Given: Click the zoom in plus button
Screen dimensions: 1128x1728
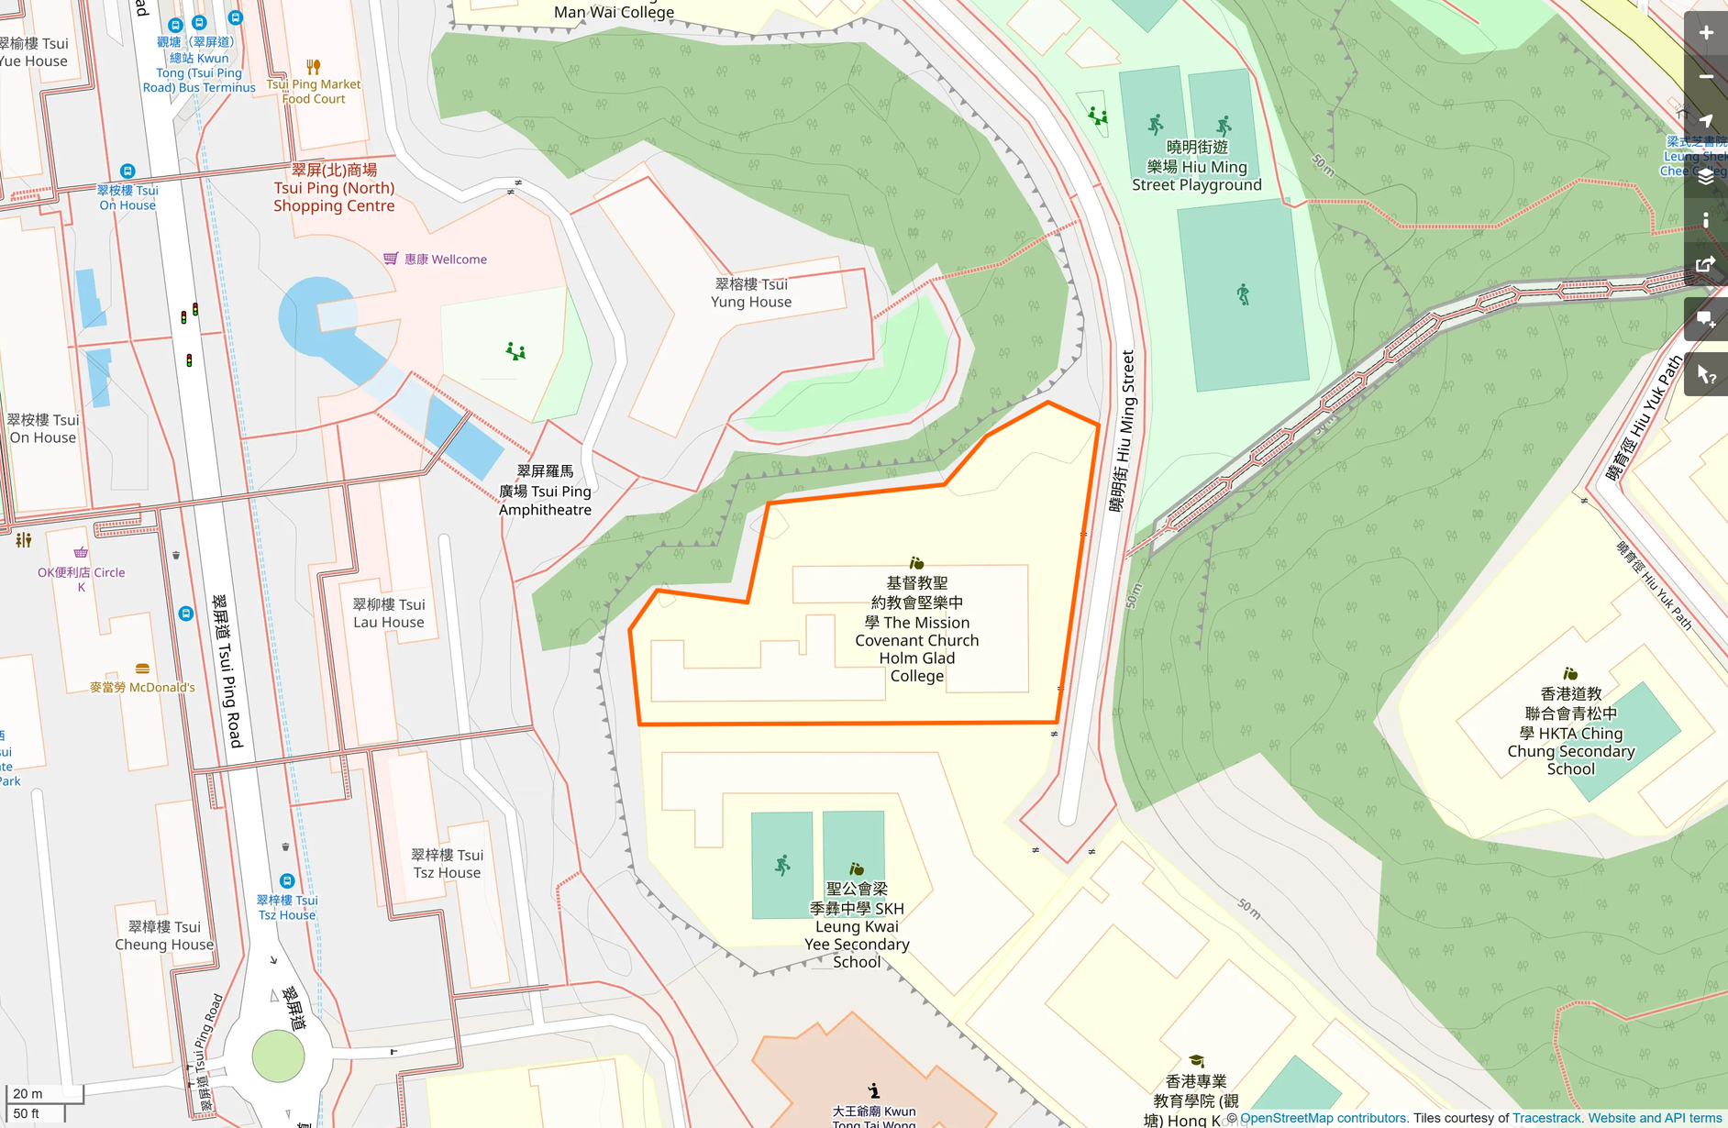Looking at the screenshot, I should pos(1705,33).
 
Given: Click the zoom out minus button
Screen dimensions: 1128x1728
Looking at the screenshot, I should pos(1705,77).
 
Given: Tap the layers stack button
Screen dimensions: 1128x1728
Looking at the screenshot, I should pos(1705,177).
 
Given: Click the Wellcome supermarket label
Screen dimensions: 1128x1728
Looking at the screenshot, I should pos(446,260).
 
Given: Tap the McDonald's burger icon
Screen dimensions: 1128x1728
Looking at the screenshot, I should pos(142,669).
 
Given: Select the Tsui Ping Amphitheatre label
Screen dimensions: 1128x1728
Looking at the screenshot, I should pos(545,491).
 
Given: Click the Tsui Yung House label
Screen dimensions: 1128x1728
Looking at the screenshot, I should pos(751,293).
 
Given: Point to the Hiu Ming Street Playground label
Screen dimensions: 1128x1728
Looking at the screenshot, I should pos(1196,167).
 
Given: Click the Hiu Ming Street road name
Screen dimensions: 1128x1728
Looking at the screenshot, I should pos(1123,431).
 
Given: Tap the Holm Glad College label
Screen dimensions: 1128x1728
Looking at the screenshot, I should pos(916,630).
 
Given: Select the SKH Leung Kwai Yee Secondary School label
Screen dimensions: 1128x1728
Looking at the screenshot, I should pos(857,925).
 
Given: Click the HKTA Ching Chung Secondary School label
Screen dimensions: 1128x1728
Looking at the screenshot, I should pos(1570,732).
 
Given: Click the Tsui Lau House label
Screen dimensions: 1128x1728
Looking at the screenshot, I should pos(389,613).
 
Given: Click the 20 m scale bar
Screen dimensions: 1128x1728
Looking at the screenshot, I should pos(44,1093).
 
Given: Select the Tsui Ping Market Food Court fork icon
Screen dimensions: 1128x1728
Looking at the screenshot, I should pos(314,67).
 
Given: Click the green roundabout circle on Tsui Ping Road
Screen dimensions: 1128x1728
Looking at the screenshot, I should pos(278,1056).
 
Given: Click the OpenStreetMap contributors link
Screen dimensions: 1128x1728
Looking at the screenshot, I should pos(1323,1118).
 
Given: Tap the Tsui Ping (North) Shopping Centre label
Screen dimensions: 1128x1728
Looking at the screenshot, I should pos(334,188).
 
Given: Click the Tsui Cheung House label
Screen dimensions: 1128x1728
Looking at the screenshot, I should pos(164,935).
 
